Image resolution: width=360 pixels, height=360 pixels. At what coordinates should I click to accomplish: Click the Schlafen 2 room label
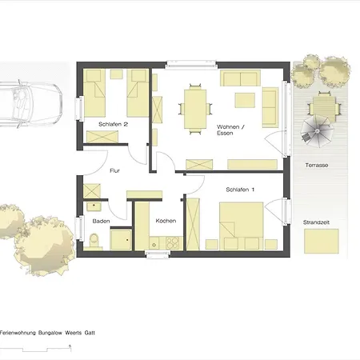tap(113, 124)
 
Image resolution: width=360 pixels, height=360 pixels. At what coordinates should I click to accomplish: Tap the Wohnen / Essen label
tap(230, 130)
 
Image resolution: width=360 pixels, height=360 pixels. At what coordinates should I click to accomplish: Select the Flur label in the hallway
tap(114, 170)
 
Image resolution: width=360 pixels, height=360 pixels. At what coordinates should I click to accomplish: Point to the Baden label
tap(101, 221)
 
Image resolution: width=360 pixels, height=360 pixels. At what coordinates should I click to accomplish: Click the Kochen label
tap(166, 221)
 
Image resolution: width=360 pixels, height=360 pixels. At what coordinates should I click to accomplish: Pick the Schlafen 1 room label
tap(240, 190)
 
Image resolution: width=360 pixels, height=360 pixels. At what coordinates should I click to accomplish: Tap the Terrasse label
tap(317, 166)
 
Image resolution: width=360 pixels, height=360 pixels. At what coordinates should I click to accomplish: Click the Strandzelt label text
tap(316, 222)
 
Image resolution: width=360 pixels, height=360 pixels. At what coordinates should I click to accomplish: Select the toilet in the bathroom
tap(94, 241)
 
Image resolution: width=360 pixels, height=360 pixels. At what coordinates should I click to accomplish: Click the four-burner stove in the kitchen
tap(172, 242)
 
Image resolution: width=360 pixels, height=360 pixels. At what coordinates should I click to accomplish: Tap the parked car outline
tap(31, 104)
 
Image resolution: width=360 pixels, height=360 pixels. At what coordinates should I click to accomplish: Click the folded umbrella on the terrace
tap(317, 131)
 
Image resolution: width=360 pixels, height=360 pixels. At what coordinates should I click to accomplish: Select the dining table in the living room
tap(195, 109)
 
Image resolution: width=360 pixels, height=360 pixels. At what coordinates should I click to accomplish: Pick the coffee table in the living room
tap(245, 100)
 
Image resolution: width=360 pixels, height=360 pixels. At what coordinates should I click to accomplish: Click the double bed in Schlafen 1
tap(242, 226)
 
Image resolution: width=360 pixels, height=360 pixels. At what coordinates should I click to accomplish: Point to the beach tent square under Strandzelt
tap(322, 241)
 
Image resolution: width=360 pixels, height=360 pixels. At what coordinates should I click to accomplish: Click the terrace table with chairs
tap(324, 106)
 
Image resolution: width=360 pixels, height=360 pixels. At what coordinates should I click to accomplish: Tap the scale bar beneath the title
tap(35, 349)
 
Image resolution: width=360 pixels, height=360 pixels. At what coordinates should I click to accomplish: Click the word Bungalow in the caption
tap(50, 333)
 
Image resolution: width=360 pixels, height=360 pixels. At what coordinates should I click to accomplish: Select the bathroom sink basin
tap(94, 206)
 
